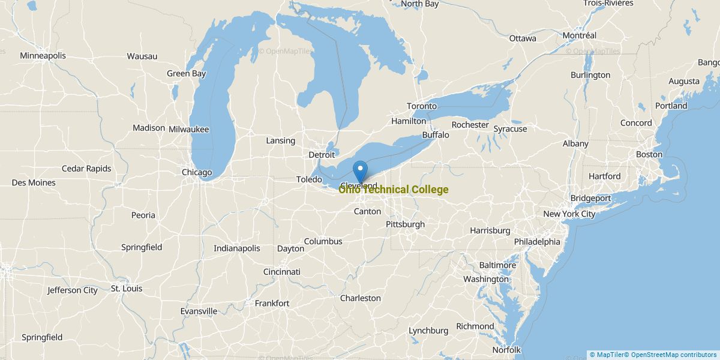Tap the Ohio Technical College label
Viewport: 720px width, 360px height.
click(393, 190)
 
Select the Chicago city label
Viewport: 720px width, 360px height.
click(197, 173)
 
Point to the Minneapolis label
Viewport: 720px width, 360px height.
click(43, 56)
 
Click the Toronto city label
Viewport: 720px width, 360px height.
click(422, 106)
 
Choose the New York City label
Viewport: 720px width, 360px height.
click(569, 214)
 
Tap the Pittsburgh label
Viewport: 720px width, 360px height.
click(405, 224)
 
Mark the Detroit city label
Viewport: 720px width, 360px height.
click(322, 155)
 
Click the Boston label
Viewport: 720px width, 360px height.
click(649, 154)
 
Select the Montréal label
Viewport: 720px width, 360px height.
click(579, 35)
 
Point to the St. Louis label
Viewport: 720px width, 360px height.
click(127, 289)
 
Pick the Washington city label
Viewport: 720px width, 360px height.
click(486, 279)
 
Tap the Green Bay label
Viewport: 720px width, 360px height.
click(186, 74)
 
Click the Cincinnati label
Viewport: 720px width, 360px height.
click(281, 272)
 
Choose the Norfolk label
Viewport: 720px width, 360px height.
click(506, 350)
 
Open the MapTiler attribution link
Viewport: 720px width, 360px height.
click(608, 355)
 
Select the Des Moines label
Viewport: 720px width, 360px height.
click(34, 183)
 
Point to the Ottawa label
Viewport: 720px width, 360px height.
click(523, 38)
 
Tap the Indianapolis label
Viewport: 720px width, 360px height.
click(237, 248)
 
